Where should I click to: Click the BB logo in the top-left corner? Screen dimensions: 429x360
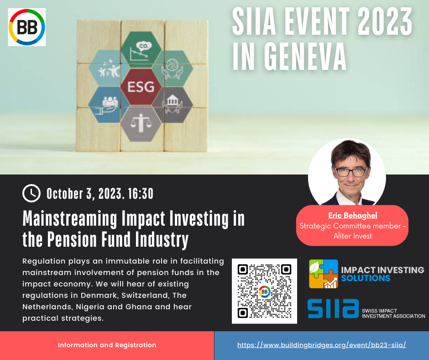coord(27,27)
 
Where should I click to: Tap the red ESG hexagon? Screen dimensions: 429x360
coord(141,87)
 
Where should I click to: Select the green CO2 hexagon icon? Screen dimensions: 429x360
coord(141,50)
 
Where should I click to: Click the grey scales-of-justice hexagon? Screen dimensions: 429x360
coord(141,124)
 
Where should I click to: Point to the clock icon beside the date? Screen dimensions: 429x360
coord(31,193)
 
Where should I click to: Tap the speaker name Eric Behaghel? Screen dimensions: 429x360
coord(353,215)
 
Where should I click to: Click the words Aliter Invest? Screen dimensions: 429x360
coord(353,236)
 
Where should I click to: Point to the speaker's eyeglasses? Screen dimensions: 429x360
coord(351,172)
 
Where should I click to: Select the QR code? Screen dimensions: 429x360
coord(264,291)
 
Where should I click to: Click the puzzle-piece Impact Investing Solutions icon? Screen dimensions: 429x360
coord(324,274)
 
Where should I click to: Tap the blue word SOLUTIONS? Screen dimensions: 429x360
coord(366,278)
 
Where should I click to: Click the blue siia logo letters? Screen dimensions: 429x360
coord(333,308)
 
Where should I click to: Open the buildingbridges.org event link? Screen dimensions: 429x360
coord(322,345)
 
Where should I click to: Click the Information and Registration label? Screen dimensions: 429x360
coord(107,345)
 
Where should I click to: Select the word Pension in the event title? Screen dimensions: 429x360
coord(72,239)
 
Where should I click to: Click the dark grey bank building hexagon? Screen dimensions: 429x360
coord(173,105)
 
